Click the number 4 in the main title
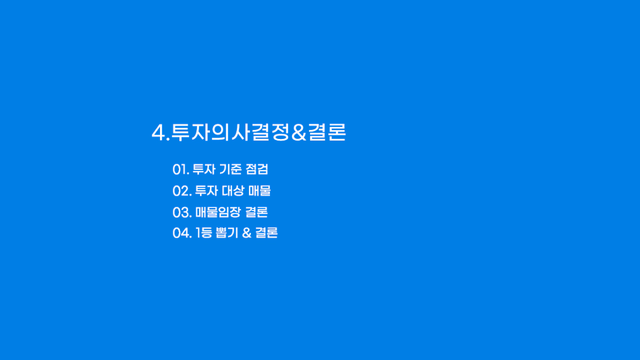[158, 133]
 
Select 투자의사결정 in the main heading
[231, 132]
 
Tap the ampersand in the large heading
[298, 133]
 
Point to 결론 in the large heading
[327, 132]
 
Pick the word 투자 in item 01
[204, 169]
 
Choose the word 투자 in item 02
[206, 191]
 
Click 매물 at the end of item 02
[259, 191]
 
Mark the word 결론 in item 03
[256, 212]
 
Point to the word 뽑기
[227, 233]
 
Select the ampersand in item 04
[246, 233]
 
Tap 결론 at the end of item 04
[266, 233]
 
